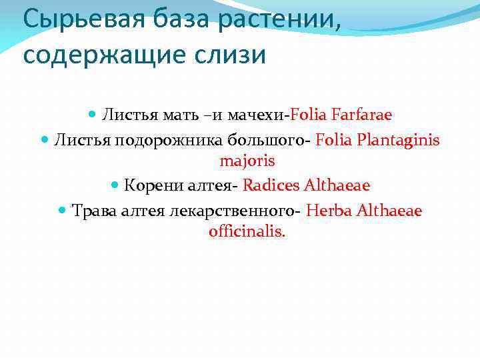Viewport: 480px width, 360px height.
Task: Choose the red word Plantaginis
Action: click(x=398, y=141)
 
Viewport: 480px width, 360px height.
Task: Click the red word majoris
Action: click(x=247, y=161)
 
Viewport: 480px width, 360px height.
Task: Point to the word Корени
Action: click(x=149, y=185)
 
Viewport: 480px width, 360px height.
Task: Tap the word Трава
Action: click(x=94, y=211)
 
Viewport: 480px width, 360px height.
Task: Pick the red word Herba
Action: click(x=329, y=211)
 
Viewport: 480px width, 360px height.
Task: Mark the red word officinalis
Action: click(x=247, y=232)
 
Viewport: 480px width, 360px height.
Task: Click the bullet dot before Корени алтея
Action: click(x=115, y=185)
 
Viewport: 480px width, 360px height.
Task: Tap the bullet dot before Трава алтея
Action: click(x=63, y=211)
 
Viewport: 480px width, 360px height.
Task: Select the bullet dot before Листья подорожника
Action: click(x=45, y=141)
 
